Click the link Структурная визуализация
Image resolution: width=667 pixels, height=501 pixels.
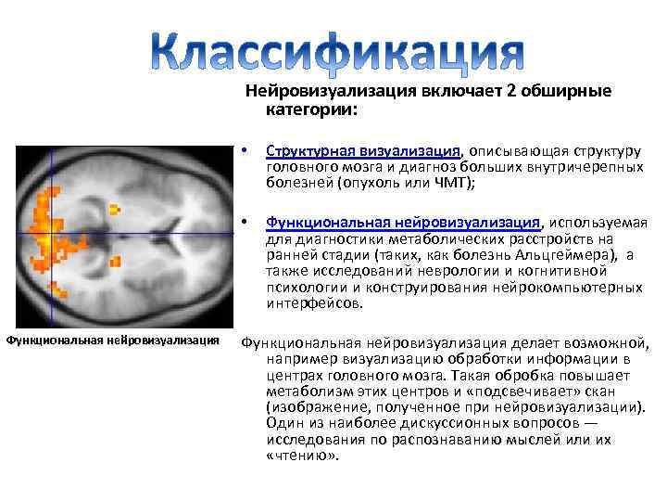coord(364,152)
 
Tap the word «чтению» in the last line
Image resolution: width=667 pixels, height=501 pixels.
coord(302,456)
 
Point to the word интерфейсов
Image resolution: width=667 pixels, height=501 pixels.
coord(315,302)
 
